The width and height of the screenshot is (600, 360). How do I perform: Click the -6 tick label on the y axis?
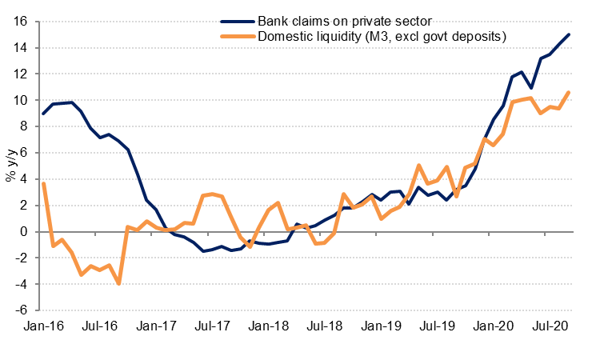point(22,310)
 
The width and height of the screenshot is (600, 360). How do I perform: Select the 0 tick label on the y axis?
point(25,232)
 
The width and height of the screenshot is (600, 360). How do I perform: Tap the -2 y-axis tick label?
point(22,258)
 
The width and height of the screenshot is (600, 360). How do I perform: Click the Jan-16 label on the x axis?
point(43,326)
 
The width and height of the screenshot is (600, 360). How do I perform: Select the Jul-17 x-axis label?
point(216,326)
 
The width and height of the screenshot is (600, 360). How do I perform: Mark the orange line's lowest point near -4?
point(119,284)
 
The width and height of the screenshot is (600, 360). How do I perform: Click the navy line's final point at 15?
point(569,34)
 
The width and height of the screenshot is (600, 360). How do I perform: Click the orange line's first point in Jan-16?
point(43,183)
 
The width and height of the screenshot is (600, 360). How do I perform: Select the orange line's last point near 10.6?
point(569,92)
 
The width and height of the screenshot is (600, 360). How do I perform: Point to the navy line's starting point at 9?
point(43,114)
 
